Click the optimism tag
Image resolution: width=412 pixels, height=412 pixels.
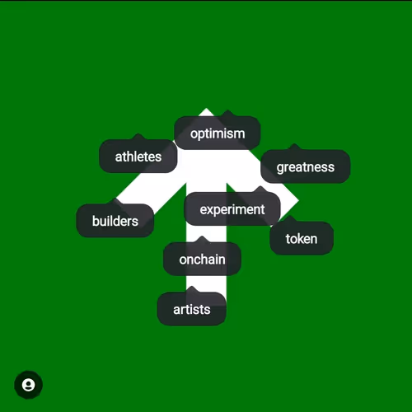(x=218, y=133)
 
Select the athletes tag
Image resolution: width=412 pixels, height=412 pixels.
(x=138, y=156)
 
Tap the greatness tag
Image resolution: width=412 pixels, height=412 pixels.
(x=306, y=166)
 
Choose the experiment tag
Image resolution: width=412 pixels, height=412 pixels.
(x=232, y=209)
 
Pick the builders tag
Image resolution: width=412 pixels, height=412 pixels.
(x=115, y=221)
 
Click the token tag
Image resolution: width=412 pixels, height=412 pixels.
(x=302, y=238)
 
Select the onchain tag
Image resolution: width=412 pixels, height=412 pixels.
(x=202, y=259)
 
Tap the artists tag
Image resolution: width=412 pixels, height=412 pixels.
(x=192, y=309)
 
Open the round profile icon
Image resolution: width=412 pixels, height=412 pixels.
(x=28, y=385)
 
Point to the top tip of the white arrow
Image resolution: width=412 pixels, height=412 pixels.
(x=206, y=109)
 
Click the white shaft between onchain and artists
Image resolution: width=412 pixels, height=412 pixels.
(x=206, y=283)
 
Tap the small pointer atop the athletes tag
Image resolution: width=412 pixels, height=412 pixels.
(x=138, y=137)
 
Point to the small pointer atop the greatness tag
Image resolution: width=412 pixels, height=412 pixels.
(x=294, y=147)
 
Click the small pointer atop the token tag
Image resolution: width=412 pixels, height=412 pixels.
(x=290, y=219)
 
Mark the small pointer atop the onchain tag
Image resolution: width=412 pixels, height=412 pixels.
(x=202, y=239)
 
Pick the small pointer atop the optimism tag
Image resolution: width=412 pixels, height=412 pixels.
(x=227, y=114)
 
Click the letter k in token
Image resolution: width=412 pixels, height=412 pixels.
(x=300, y=238)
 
